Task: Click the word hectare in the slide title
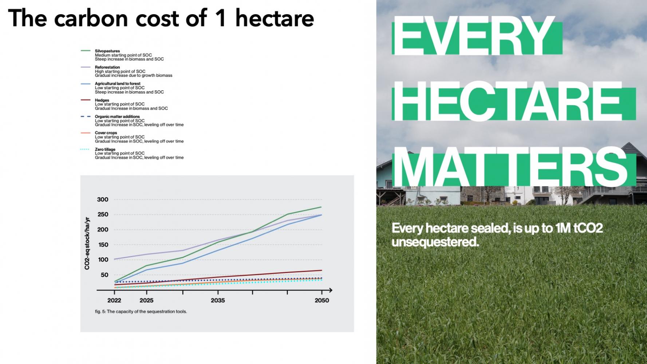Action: (x=275, y=18)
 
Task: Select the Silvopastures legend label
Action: (x=107, y=51)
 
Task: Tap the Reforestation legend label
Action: (x=107, y=67)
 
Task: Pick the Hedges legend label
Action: (x=102, y=100)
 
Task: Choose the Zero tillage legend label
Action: (x=105, y=149)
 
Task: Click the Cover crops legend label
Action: (x=106, y=133)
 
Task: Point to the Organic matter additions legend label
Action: (x=117, y=116)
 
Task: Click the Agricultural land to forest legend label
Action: (x=118, y=84)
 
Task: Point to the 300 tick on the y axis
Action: (x=103, y=199)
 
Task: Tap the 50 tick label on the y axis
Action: (x=104, y=275)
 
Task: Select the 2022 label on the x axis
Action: (x=114, y=300)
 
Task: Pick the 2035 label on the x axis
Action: (x=218, y=300)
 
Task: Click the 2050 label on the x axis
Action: (x=322, y=300)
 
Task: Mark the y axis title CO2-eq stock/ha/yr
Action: (x=87, y=244)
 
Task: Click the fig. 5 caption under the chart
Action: (x=141, y=312)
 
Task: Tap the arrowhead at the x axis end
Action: (x=330, y=290)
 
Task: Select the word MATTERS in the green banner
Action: (x=512, y=167)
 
